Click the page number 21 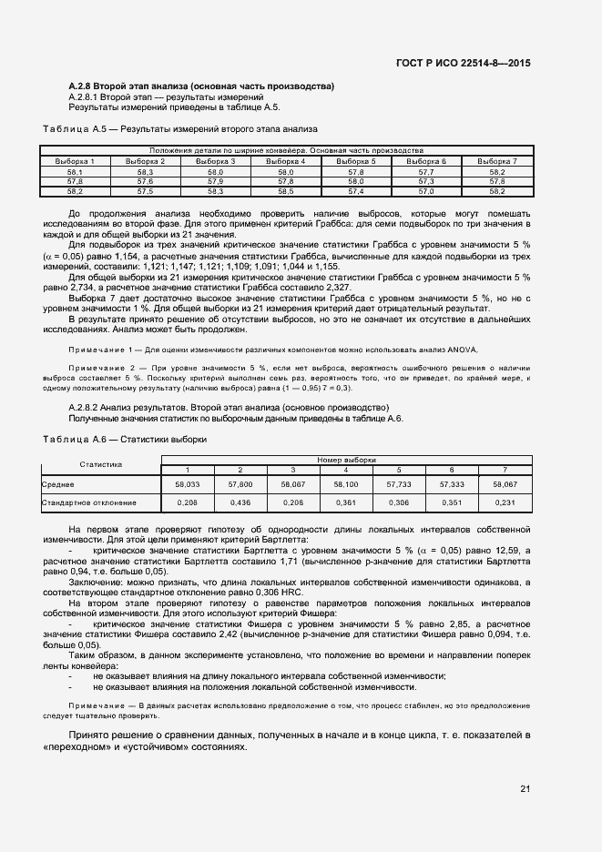click(x=525, y=788)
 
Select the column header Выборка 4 click(x=285, y=161)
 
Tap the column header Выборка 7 click(x=497, y=161)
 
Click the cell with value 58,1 click(x=75, y=171)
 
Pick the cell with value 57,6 click(x=145, y=181)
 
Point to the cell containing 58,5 click(x=285, y=191)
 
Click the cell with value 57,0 click(x=425, y=191)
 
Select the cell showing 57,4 click(x=355, y=191)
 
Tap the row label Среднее click(x=56, y=485)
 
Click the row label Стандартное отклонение click(x=89, y=502)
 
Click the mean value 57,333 click(x=452, y=485)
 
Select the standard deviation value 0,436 click(x=240, y=502)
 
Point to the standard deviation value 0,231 click(x=505, y=502)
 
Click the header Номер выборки click(x=346, y=460)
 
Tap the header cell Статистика click(x=100, y=464)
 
